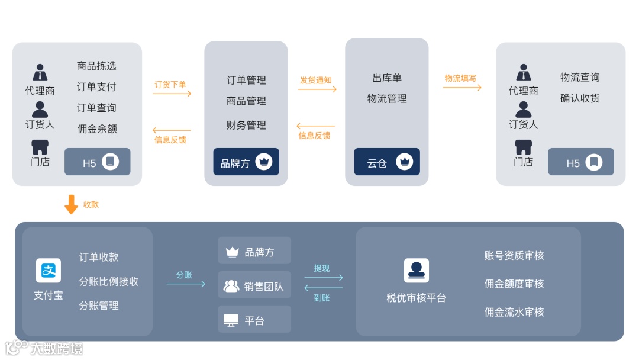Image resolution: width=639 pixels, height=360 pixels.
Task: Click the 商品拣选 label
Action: click(96, 66)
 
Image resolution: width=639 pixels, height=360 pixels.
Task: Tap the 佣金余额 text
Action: click(97, 128)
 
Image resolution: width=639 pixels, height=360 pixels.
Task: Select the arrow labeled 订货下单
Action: click(172, 94)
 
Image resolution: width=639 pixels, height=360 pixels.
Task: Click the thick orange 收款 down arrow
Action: click(71, 204)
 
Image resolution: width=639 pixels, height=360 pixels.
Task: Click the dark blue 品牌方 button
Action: click(246, 162)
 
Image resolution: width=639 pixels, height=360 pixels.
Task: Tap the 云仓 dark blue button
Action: click(387, 162)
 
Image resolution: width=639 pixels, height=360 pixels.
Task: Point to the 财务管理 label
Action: click(246, 125)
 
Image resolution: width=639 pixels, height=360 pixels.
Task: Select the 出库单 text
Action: click(387, 78)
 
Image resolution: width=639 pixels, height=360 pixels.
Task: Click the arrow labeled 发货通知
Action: click(317, 89)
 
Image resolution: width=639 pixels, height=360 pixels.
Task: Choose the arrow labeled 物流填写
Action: click(462, 88)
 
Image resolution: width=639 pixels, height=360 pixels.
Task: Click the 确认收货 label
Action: click(580, 98)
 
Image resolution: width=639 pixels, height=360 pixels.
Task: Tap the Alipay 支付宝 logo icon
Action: click(49, 271)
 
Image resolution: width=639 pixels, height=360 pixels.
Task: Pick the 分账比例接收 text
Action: click(109, 281)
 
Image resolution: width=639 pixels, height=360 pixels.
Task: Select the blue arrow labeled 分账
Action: click(186, 284)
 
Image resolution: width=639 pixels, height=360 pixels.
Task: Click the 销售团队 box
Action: click(254, 287)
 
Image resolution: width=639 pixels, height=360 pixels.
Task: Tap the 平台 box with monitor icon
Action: click(254, 320)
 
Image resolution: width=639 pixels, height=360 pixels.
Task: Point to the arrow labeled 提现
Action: click(323, 277)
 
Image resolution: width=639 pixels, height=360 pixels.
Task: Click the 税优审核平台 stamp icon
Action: click(417, 271)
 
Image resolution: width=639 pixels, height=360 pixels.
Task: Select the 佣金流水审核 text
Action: click(514, 312)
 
